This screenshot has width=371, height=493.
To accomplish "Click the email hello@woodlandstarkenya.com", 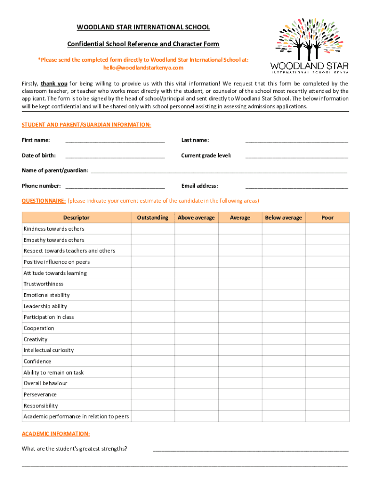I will click(x=143, y=67).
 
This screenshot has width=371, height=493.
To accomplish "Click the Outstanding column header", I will click(x=153, y=218).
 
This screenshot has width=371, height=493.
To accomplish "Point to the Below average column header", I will click(x=283, y=218).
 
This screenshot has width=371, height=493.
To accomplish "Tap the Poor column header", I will click(x=327, y=218).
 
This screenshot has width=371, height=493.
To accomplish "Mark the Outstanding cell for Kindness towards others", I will click(x=153, y=229).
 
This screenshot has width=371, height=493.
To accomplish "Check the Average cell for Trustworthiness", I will click(x=240, y=284).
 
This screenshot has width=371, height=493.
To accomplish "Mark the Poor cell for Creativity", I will click(x=327, y=339).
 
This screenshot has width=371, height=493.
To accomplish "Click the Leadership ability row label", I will click(x=45, y=306).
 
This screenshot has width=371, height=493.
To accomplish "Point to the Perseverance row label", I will click(x=40, y=394).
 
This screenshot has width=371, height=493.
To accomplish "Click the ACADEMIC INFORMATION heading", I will click(x=55, y=434).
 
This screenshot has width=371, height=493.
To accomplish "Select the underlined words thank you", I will click(x=54, y=83).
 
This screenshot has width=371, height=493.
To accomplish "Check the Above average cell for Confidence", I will click(x=196, y=361).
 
